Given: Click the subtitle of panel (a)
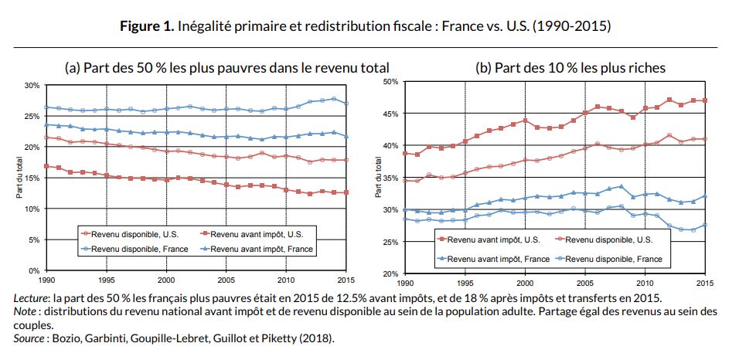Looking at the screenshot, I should (x=226, y=68).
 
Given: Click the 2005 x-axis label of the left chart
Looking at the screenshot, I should (x=226, y=279).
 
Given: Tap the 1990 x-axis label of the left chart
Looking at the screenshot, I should (x=47, y=279).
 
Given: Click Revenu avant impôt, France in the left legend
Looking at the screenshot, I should (x=261, y=249).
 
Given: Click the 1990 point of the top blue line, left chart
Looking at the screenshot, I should (x=47, y=107).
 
